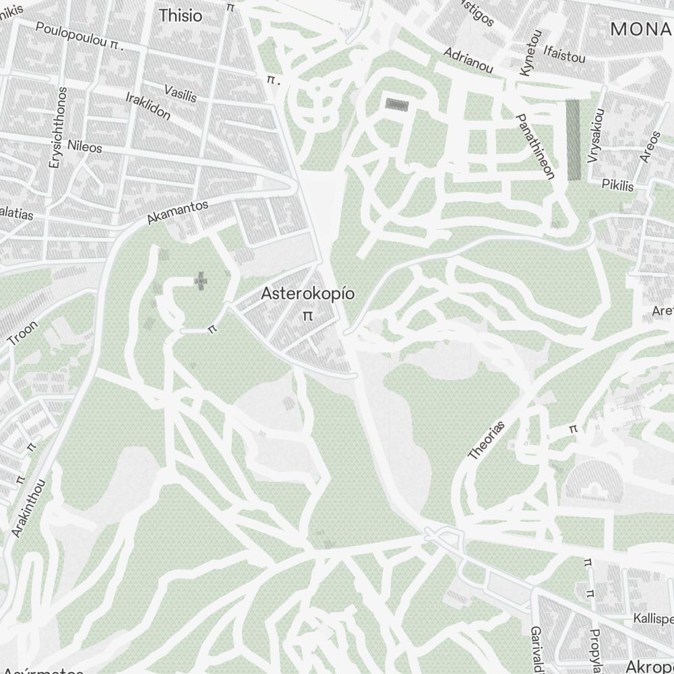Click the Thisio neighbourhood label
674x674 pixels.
click(x=180, y=16)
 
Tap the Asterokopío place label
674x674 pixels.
click(x=308, y=294)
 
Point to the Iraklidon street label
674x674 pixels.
click(x=148, y=105)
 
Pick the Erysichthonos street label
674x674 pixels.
click(x=57, y=127)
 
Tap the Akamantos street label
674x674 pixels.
click(x=178, y=212)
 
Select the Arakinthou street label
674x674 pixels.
click(x=29, y=508)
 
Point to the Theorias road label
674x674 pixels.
click(x=486, y=440)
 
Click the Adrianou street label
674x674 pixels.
click(x=468, y=60)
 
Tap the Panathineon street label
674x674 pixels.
click(x=535, y=146)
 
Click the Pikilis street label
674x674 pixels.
click(x=618, y=185)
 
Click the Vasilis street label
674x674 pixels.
click(x=181, y=94)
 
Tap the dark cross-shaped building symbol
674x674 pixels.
click(x=201, y=280)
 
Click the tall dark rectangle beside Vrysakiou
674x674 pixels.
click(x=574, y=140)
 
